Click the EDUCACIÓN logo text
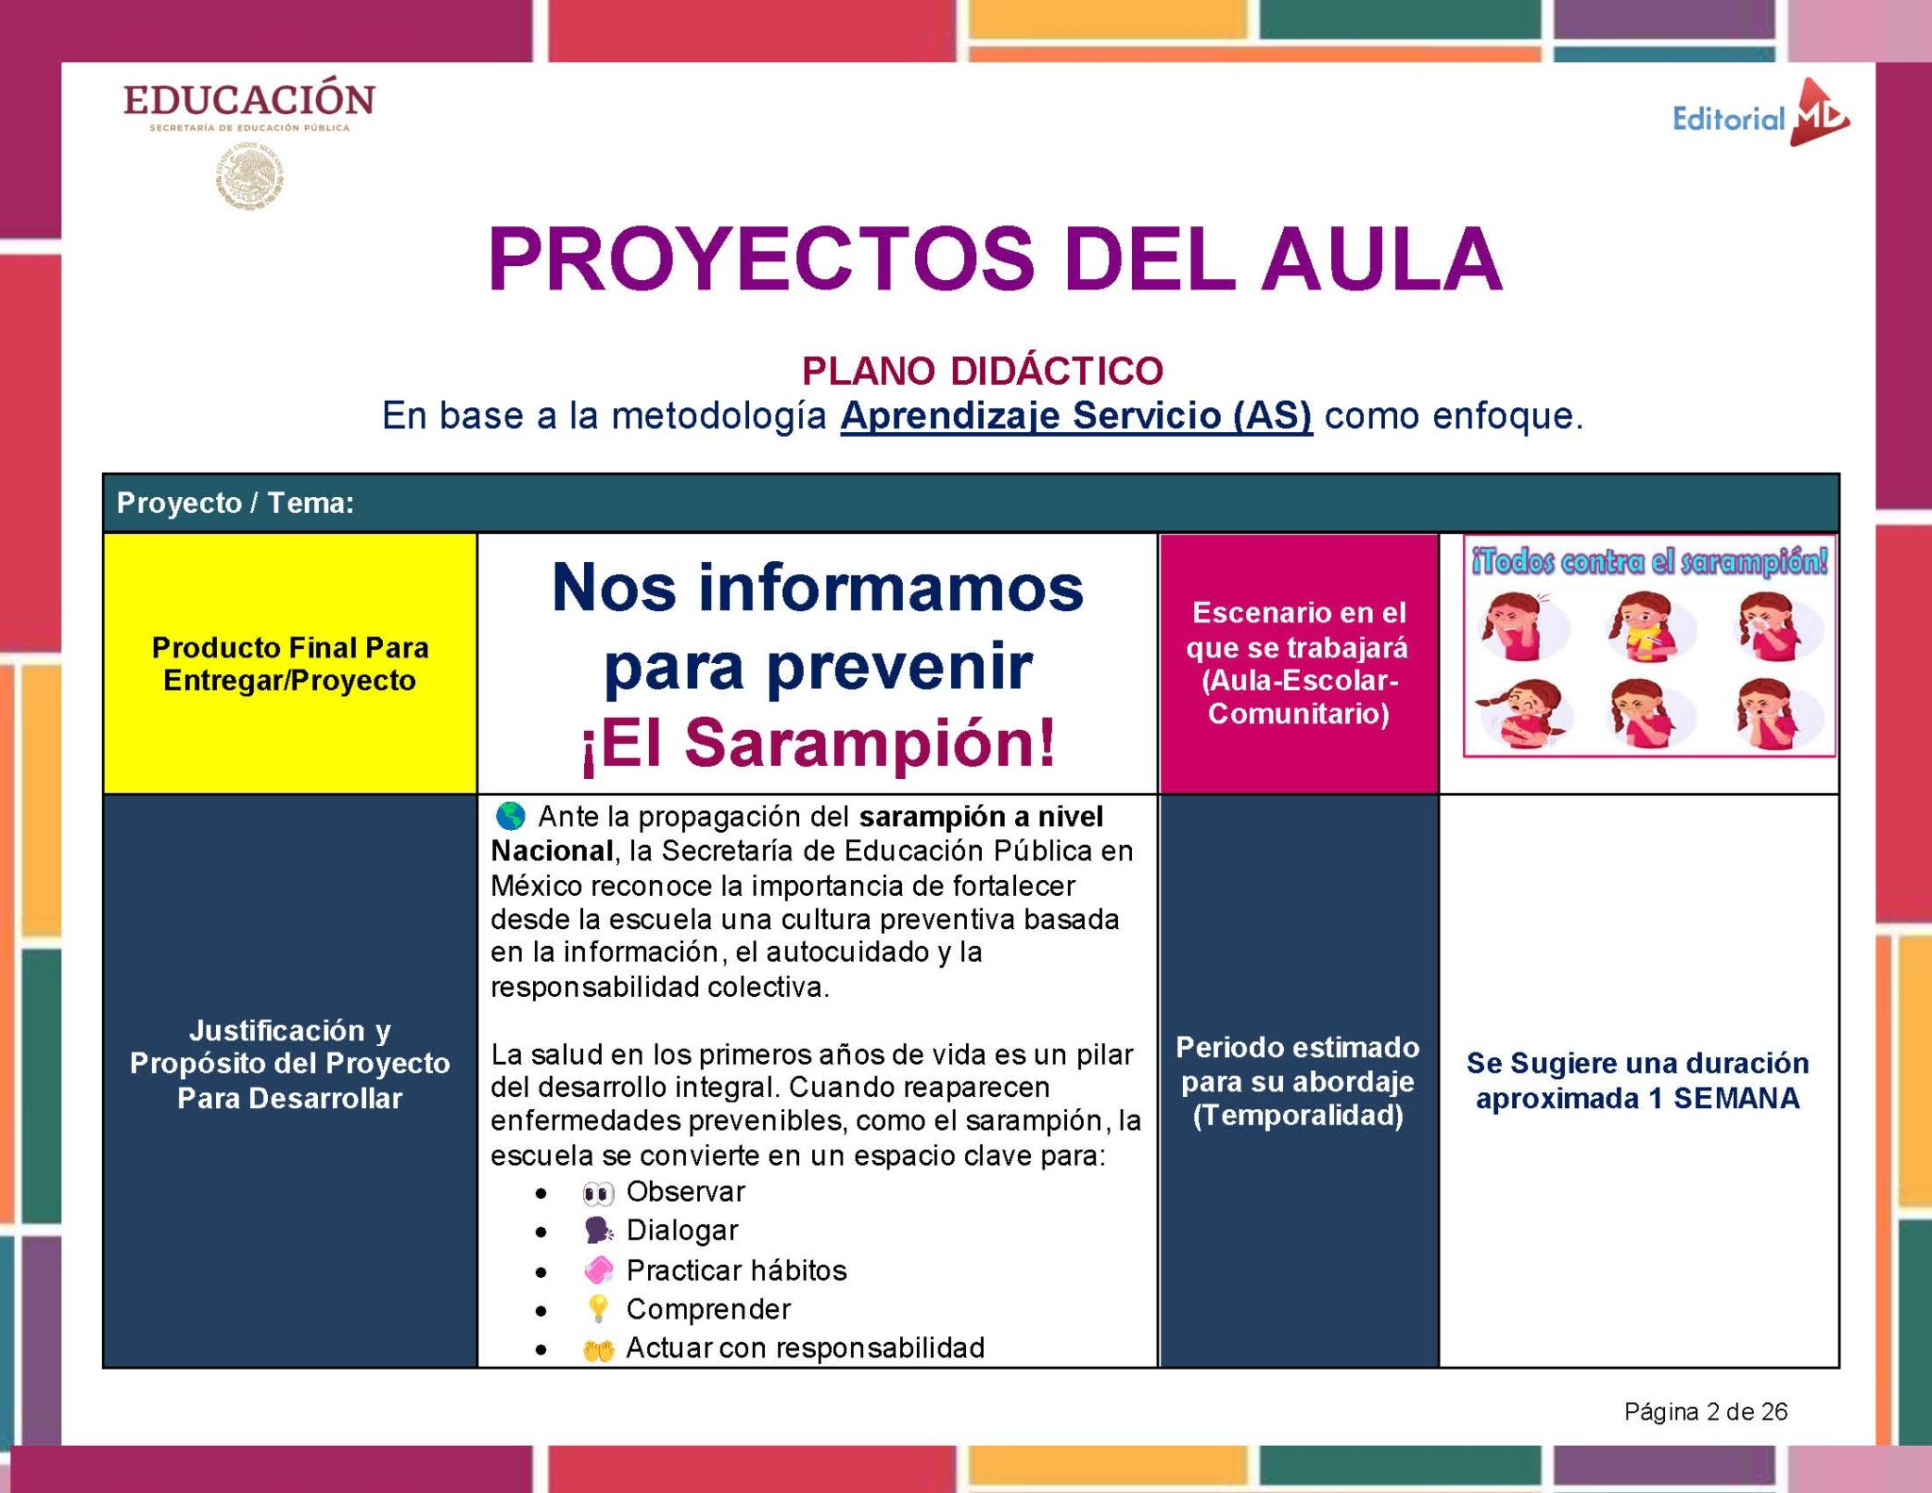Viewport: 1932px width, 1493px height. [x=249, y=100]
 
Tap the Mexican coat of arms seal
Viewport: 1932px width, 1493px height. [x=249, y=176]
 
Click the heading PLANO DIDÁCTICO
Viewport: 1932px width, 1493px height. [x=982, y=371]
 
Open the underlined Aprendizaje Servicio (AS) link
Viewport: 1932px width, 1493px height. [x=1075, y=416]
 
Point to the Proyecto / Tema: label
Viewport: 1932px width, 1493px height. [x=235, y=503]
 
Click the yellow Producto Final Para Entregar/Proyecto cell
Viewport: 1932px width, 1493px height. [x=290, y=664]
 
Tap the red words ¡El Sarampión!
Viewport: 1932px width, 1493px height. [x=818, y=743]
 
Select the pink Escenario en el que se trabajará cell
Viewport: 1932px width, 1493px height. [x=1298, y=662]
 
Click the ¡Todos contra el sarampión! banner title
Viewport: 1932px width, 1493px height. [x=1649, y=562]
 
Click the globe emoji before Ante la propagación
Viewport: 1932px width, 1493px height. [x=510, y=816]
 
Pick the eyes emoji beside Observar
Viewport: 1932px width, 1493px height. [x=598, y=1193]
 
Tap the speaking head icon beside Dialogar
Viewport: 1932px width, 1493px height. [x=598, y=1231]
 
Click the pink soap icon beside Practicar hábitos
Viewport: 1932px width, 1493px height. [x=598, y=1270]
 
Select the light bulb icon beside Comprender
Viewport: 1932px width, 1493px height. [x=598, y=1309]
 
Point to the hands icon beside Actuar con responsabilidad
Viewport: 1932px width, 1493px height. [x=598, y=1350]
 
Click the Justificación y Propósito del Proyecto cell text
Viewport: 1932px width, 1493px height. [x=290, y=1064]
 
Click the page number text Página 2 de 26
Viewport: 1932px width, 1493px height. [x=1706, y=1412]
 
